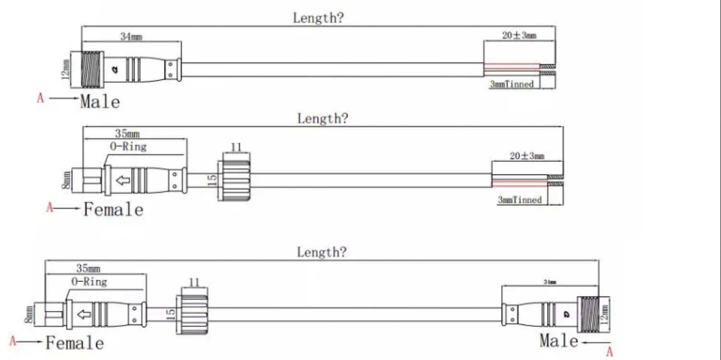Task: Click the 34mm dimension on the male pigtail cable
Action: pyautogui.click(x=131, y=37)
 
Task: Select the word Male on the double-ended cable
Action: pyautogui.click(x=559, y=341)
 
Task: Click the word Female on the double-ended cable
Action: pyautogui.click(x=75, y=343)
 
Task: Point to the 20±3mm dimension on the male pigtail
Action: pyautogui.click(x=519, y=35)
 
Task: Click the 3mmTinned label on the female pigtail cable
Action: pyautogui.click(x=519, y=199)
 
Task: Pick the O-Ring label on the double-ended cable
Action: pyautogui.click(x=89, y=282)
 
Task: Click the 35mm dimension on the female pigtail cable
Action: pyautogui.click(x=127, y=134)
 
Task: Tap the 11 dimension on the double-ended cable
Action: pyautogui.click(x=194, y=282)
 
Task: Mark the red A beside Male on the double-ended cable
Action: pyautogui.click(x=609, y=352)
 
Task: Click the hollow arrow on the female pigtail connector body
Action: pyautogui.click(x=123, y=181)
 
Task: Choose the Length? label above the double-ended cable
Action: pyautogui.click(x=321, y=252)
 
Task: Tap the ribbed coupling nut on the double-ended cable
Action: pyautogui.click(x=194, y=314)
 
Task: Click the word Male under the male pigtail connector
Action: pyautogui.click(x=100, y=101)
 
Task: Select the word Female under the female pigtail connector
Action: pyautogui.click(x=113, y=210)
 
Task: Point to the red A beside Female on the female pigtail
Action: pyautogui.click(x=50, y=208)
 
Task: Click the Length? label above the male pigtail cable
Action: pyautogui.click(x=319, y=18)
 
